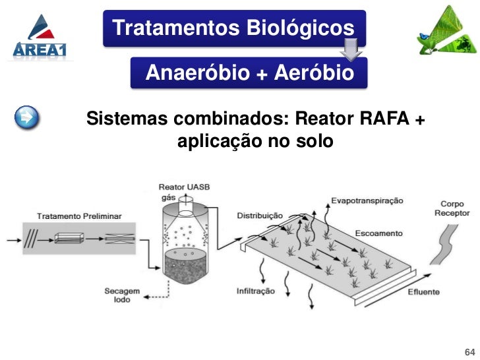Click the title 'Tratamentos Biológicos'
coord(233,28)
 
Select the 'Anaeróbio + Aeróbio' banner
coord(249,73)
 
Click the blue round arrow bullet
coord(27,119)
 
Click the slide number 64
coord(470,350)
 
